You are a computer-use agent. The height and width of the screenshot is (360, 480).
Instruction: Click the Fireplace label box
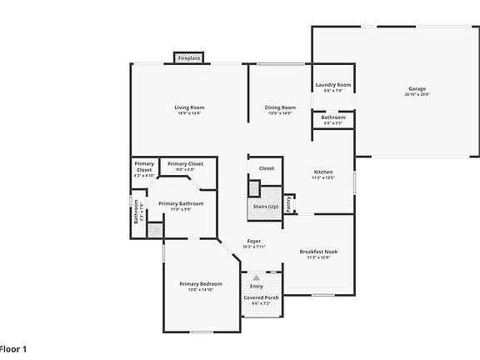pyautogui.click(x=189, y=58)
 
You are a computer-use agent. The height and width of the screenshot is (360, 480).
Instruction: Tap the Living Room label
pyautogui.click(x=189, y=107)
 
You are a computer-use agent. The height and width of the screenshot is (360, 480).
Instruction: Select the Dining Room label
pyautogui.click(x=280, y=107)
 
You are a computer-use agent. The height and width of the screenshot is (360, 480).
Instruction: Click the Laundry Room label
pyautogui.click(x=332, y=85)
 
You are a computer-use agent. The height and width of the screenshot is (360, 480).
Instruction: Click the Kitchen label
pyautogui.click(x=322, y=172)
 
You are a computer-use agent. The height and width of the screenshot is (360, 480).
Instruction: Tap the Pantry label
pyautogui.click(x=288, y=203)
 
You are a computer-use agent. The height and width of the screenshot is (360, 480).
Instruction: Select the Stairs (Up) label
pyautogui.click(x=266, y=206)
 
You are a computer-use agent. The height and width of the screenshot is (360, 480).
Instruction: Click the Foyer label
pyautogui.click(x=253, y=241)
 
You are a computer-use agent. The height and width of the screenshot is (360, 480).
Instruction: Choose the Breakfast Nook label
pyautogui.click(x=317, y=252)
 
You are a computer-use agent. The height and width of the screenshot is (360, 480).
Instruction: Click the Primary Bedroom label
pyautogui.click(x=200, y=284)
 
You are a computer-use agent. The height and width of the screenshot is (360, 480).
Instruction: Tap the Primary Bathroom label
pyautogui.click(x=181, y=203)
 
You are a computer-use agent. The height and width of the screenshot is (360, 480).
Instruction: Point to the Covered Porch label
pyautogui.click(x=261, y=297)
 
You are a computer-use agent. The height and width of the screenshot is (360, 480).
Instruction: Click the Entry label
pyautogui.click(x=256, y=286)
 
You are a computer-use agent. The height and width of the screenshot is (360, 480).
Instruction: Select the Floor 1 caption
pyautogui.click(x=14, y=347)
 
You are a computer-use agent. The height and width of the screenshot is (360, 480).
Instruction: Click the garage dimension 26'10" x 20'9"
pyautogui.click(x=417, y=94)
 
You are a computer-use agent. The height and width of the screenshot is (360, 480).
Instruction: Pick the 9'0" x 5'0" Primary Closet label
pyautogui.click(x=184, y=164)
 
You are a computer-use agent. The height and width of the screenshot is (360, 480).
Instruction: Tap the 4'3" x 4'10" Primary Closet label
pyautogui.click(x=144, y=170)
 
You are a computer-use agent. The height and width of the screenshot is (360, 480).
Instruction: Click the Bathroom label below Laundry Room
pyautogui.click(x=332, y=118)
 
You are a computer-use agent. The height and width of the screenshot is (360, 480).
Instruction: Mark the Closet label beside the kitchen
pyautogui.click(x=266, y=168)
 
